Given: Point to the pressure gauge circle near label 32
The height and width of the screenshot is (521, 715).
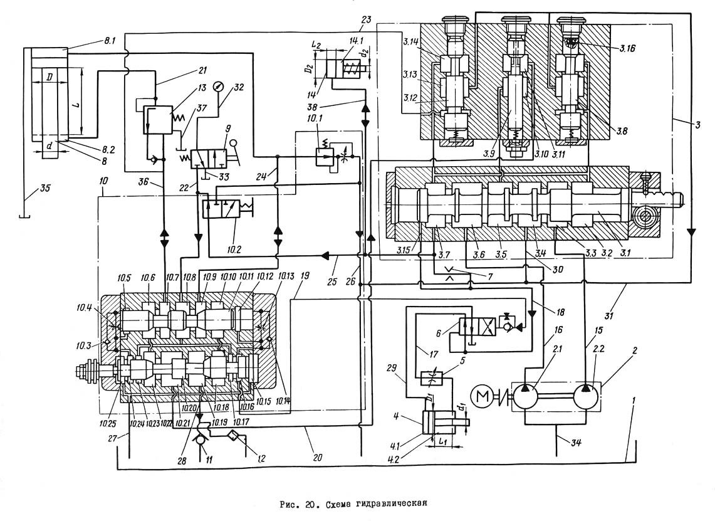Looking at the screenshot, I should (218, 86).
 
